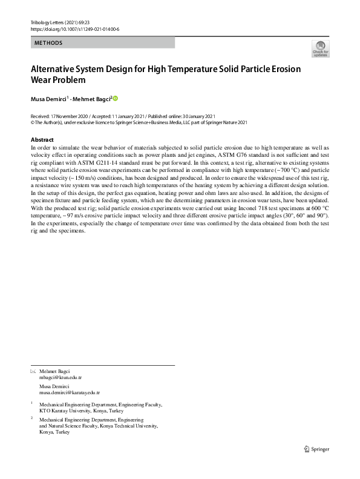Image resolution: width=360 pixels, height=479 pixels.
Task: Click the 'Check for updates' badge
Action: point(320,49)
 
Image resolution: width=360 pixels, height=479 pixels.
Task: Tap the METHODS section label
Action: point(48,43)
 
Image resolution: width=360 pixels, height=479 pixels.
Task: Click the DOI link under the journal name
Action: point(74,28)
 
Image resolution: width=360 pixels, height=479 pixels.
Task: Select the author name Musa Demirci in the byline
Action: point(47,99)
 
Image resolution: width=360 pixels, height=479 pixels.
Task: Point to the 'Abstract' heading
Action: point(42,140)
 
